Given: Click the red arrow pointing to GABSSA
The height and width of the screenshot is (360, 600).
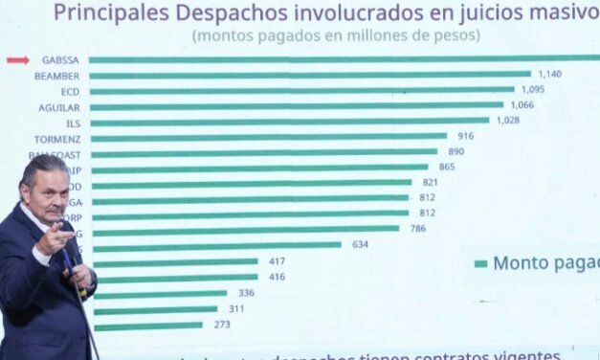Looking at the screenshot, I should [18, 60].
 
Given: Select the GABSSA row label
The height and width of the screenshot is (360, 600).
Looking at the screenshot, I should [59, 60].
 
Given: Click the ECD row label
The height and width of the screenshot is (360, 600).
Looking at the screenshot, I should [70, 91].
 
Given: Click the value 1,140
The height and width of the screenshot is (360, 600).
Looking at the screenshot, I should [550, 74].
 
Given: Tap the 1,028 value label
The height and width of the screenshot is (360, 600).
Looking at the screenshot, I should [508, 121].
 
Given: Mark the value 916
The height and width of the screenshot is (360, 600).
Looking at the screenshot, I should [465, 137].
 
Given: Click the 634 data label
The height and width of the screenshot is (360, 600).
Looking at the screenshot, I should [360, 244].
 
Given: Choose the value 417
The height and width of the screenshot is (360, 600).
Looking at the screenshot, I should [277, 260].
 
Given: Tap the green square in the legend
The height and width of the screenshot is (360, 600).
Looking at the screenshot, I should [480, 263].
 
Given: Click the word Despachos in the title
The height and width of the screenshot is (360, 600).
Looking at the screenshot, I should [202, 12].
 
